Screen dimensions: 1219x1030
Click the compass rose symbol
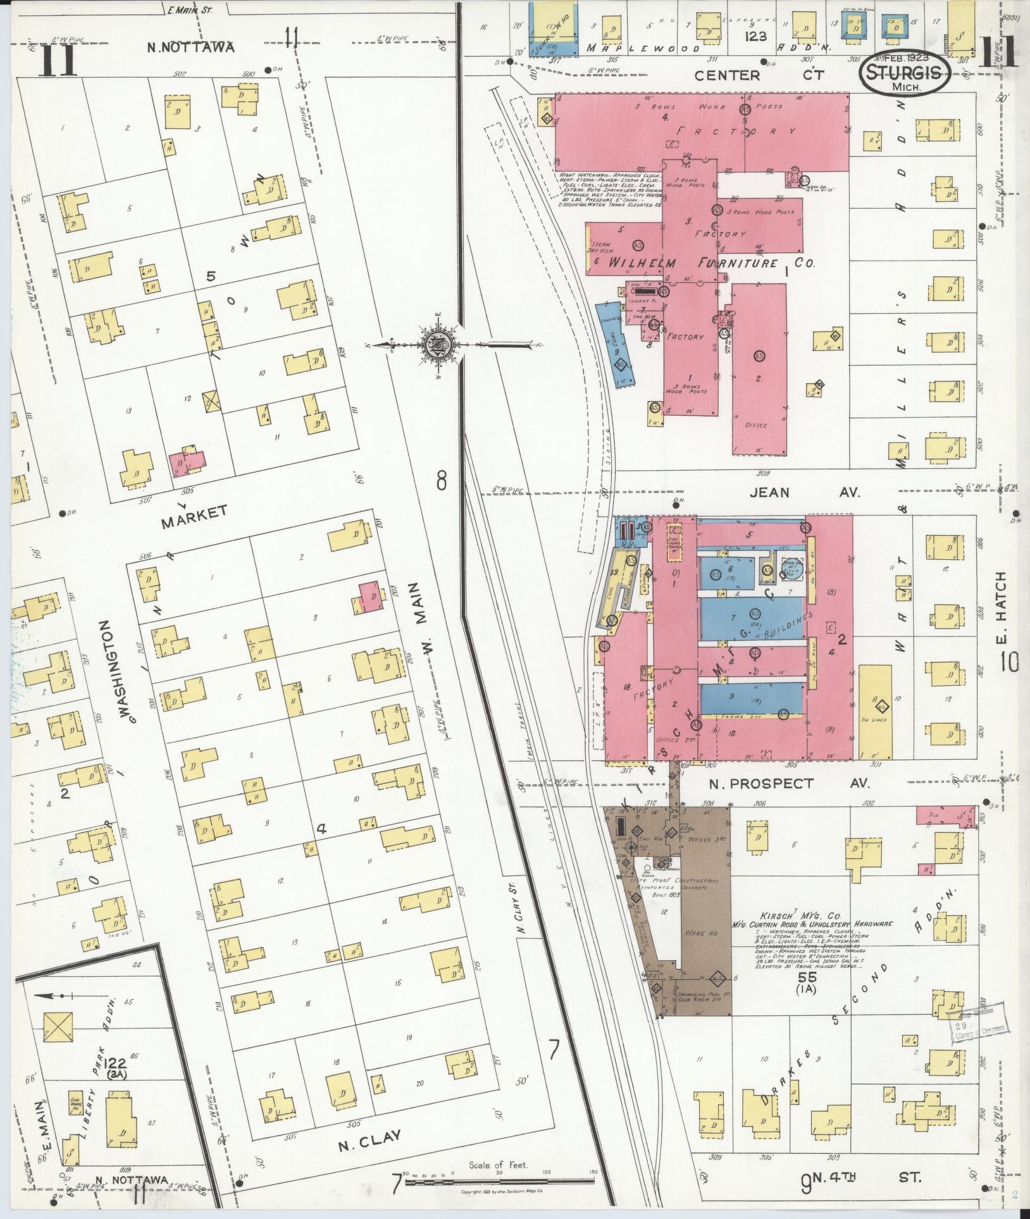click(440, 345)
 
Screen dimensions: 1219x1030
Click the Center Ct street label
click(759, 75)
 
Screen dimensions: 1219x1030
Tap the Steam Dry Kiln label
click(599, 249)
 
